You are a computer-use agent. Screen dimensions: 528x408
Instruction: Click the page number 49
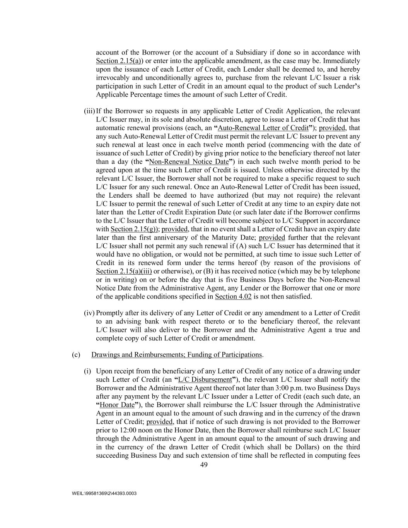204,465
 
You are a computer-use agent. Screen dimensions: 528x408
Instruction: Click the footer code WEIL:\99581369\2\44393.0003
104,494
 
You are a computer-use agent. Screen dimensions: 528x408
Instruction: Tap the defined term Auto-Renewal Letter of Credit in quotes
263,128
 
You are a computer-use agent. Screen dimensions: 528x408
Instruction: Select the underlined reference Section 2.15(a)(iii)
124,272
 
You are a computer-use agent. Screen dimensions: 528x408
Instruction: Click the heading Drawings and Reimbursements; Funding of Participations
176,355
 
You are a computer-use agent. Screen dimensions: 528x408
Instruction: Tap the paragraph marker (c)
76,355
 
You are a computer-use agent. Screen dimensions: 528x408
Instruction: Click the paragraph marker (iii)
89,111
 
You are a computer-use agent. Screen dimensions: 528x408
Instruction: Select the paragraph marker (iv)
89,313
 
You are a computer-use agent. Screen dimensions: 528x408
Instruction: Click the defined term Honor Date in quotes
117,405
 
